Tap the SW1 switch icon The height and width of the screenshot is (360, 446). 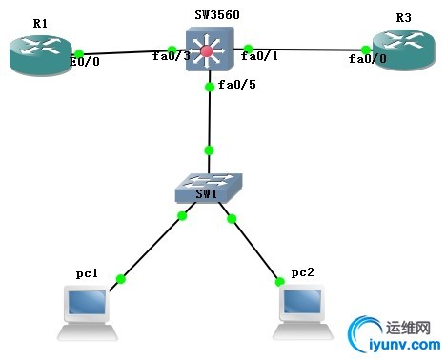click(x=209, y=188)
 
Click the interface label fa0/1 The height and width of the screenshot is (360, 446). click(x=259, y=57)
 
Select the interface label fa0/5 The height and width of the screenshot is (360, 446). click(x=236, y=86)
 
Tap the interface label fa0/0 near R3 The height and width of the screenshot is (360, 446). click(x=367, y=59)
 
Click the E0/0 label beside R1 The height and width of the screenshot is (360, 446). click(x=87, y=63)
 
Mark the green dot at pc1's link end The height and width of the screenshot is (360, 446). click(x=121, y=279)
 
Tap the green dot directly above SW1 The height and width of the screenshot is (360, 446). click(x=209, y=150)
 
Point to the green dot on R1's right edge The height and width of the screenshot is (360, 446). click(x=80, y=53)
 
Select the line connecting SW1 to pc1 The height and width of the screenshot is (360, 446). click(x=151, y=248)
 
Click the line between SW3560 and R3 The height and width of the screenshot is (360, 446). click(x=305, y=48)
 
